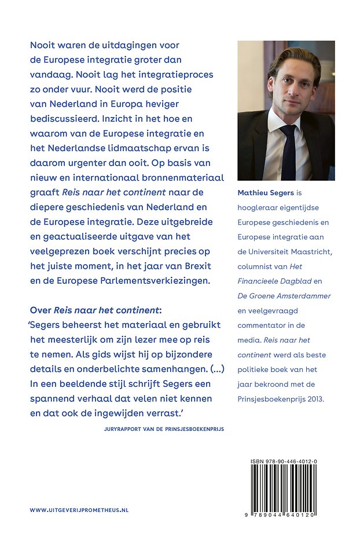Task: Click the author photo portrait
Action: [286, 110]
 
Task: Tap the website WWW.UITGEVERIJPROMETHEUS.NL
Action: [79, 510]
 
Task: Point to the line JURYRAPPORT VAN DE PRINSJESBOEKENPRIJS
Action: [156, 429]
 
